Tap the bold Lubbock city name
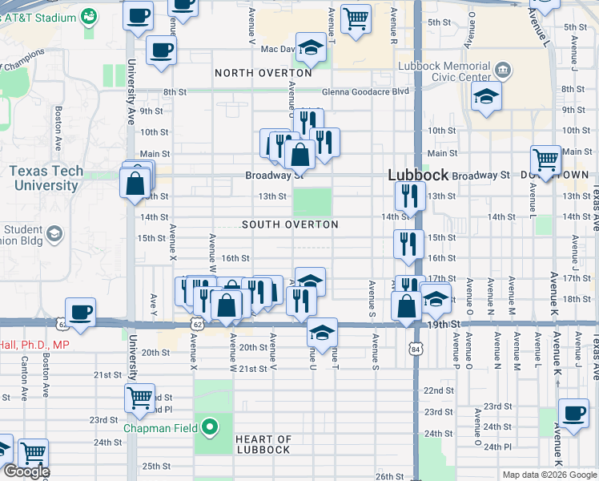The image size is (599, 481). tap(417, 175)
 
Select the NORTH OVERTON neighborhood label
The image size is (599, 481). tap(263, 73)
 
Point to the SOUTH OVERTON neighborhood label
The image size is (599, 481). tap(289, 225)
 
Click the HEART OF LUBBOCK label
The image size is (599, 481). tap(263, 444)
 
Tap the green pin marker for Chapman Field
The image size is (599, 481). tap(211, 427)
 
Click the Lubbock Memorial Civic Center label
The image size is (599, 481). tap(456, 71)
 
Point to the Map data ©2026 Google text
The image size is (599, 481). tap(549, 475)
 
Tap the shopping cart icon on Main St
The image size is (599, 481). tap(546, 160)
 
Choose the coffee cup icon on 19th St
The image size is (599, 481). tap(80, 312)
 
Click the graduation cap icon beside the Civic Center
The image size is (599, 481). tap(485, 99)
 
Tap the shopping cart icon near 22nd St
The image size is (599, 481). tap(140, 398)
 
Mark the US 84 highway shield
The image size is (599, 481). tap(414, 350)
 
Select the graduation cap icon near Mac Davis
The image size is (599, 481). tap(311, 46)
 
